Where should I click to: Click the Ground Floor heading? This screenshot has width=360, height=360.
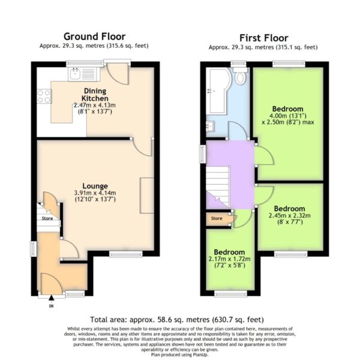(x=95, y=37)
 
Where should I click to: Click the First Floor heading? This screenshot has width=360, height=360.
(x=264, y=38)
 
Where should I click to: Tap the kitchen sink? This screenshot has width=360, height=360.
(x=75, y=74)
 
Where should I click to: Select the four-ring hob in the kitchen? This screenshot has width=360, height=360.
(x=44, y=96)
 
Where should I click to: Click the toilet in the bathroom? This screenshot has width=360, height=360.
(x=240, y=76)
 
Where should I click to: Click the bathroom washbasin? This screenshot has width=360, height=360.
(x=210, y=126)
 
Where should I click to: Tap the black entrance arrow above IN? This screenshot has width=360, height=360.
(x=52, y=298)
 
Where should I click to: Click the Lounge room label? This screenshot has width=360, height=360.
(x=95, y=186)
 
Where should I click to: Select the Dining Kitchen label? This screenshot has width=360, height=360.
(x=95, y=95)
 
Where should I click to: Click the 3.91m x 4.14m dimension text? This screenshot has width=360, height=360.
(x=95, y=193)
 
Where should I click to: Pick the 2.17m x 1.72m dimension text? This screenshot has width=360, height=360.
(x=229, y=259)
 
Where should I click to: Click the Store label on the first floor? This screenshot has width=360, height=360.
(x=217, y=218)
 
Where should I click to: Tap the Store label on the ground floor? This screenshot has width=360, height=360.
(x=47, y=218)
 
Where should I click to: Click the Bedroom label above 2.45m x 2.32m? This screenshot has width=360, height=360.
(x=290, y=209)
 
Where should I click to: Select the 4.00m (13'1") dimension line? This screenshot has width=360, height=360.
(x=287, y=115)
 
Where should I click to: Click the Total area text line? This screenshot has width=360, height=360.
(x=177, y=320)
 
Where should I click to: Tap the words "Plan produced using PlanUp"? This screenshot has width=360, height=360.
(x=179, y=355)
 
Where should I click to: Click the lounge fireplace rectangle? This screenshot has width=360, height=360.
(x=147, y=196)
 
